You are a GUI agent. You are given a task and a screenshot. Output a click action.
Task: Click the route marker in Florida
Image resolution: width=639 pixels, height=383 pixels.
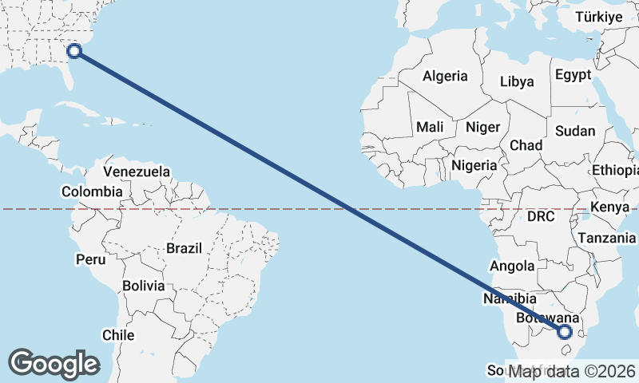[74, 51]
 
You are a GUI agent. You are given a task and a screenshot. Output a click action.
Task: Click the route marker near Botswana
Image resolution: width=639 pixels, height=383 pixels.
[565, 332]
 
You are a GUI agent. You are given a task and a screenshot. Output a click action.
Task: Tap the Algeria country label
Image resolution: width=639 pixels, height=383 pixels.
[445, 77]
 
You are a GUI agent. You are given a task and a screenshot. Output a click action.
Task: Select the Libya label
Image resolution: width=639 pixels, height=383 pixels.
[517, 81]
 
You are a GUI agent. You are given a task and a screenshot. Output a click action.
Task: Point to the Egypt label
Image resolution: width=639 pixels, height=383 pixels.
[573, 75]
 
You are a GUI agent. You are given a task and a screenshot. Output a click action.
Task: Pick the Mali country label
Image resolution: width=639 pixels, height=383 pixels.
[430, 127]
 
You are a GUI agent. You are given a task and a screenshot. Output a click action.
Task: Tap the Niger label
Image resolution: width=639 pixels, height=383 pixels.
[482, 127]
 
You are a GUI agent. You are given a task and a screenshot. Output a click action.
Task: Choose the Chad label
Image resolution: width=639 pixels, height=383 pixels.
[526, 145]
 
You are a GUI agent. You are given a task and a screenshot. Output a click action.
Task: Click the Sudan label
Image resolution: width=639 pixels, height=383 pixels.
[575, 131]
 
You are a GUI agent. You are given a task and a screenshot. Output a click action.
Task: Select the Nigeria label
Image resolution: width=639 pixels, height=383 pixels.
[474, 166]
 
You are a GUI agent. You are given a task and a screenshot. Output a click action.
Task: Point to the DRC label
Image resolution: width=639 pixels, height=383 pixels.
[541, 216]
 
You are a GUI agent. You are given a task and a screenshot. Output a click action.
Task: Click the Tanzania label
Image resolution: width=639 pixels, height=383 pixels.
[606, 238]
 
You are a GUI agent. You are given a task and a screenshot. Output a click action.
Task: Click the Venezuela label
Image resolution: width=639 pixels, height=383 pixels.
[137, 172]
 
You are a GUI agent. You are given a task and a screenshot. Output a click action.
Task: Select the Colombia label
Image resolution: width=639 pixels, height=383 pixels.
[92, 191]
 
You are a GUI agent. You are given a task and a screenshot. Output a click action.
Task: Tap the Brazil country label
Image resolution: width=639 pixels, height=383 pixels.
[185, 248]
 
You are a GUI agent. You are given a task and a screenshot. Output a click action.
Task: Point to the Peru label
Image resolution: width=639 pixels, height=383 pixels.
[90, 259]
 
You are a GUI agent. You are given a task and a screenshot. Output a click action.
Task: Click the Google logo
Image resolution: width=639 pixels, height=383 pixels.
[54, 363]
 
